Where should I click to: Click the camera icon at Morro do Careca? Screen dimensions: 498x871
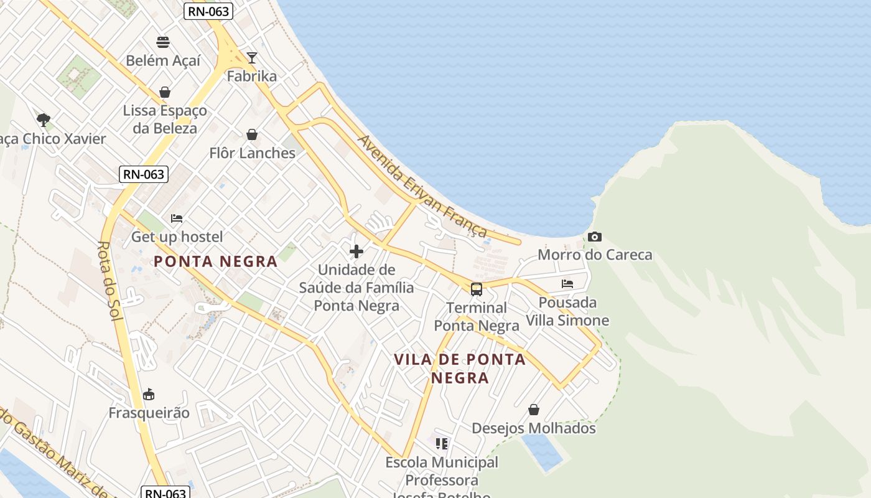(x=595, y=237)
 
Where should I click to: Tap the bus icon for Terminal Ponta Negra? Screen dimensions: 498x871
(x=477, y=289)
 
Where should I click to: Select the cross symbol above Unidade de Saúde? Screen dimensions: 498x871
(x=356, y=251)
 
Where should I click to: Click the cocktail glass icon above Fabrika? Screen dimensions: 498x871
(x=251, y=58)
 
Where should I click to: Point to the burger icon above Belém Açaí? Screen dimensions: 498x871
(x=163, y=42)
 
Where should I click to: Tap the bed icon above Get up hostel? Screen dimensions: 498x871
(x=177, y=218)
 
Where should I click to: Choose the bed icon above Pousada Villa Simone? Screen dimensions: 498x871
(x=567, y=284)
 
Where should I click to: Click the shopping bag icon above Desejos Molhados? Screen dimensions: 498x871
(x=534, y=410)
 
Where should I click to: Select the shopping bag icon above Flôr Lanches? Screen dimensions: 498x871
(x=252, y=134)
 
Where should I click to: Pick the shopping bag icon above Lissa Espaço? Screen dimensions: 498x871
(x=165, y=92)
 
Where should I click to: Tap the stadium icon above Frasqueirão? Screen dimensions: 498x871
(x=149, y=394)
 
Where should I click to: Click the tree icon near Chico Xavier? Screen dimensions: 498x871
(x=43, y=120)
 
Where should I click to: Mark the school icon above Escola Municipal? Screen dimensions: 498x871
(x=442, y=444)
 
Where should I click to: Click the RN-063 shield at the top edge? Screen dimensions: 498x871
(x=208, y=11)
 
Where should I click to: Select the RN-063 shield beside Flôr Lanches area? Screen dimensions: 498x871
(x=144, y=174)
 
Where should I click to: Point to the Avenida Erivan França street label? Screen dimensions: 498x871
(x=422, y=186)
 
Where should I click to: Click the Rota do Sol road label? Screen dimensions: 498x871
(x=108, y=280)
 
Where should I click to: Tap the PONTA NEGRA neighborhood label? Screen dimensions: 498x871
(x=215, y=261)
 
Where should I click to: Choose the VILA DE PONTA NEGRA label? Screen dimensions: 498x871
(x=460, y=369)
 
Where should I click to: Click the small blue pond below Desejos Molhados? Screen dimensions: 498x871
(x=543, y=451)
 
